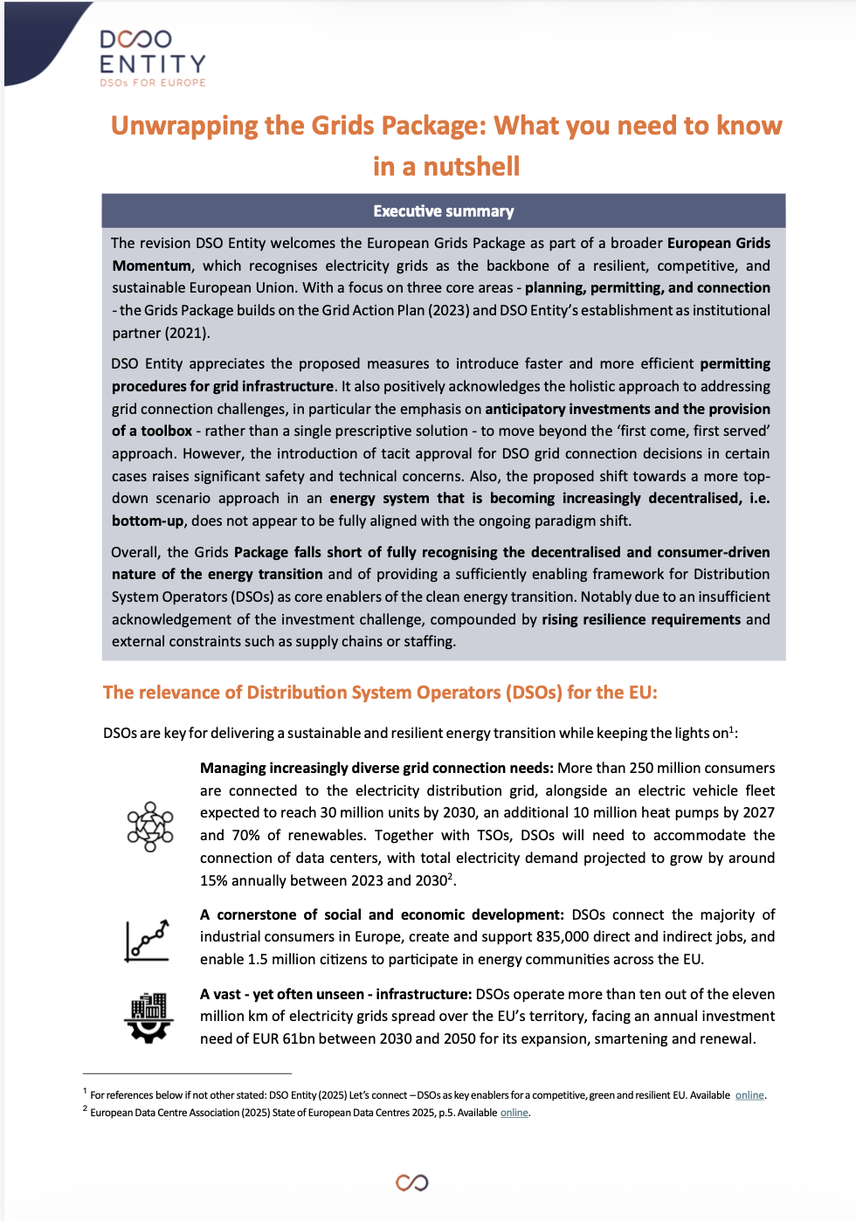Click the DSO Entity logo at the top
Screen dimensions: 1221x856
(152, 58)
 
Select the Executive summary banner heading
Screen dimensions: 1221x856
(443, 211)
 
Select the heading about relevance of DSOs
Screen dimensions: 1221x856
(380, 693)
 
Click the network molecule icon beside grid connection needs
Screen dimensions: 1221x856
(150, 826)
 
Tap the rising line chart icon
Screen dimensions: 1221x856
(147, 940)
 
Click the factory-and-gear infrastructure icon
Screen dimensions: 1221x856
(149, 1017)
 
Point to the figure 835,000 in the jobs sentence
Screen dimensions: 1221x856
(564, 936)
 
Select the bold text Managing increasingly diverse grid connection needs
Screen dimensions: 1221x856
(376, 768)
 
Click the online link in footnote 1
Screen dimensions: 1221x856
(749, 1095)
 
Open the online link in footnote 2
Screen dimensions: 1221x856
(514, 1113)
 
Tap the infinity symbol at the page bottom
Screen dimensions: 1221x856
(411, 1183)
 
